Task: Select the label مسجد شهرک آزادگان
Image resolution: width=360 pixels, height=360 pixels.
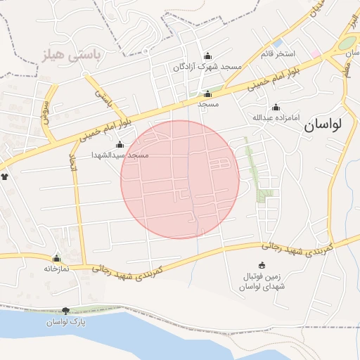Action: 207,67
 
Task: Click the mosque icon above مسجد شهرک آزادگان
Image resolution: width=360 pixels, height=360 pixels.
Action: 207,57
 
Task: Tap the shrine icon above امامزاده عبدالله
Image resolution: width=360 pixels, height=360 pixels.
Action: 276,108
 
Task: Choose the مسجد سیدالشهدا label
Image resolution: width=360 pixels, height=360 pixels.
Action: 120,154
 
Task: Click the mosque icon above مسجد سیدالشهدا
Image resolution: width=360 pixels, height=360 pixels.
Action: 120,145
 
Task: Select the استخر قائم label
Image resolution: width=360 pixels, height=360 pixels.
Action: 278,53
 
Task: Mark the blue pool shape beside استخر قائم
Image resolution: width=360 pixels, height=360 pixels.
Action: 278,43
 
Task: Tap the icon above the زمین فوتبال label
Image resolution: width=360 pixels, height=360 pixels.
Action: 262,266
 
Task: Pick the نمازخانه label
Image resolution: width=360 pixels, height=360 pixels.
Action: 56,268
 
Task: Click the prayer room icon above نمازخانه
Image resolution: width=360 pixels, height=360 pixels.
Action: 56,258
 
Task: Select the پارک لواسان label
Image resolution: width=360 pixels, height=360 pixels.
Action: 65,321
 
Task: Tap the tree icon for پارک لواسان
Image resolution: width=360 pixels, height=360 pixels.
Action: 65,311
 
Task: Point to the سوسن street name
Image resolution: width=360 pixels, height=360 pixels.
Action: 47,111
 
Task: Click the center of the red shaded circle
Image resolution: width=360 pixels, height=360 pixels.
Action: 180,179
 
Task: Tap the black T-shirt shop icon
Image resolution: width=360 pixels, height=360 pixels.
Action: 6,176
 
